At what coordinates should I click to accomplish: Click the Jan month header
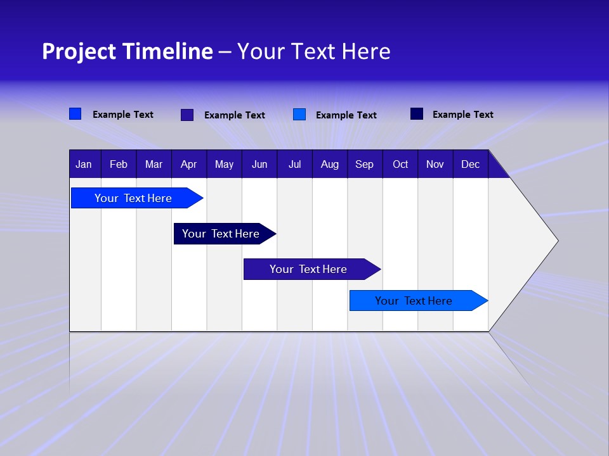click(x=84, y=165)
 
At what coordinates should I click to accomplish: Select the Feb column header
click(x=119, y=165)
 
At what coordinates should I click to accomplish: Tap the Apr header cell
click(x=188, y=165)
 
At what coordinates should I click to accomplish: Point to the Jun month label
click(x=259, y=165)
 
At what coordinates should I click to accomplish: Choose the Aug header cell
click(x=329, y=165)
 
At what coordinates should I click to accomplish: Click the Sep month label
click(x=364, y=165)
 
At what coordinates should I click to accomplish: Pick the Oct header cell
click(x=400, y=165)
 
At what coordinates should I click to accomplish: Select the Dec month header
click(x=470, y=165)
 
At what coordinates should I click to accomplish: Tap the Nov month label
click(x=435, y=165)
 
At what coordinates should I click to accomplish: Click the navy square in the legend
click(x=417, y=114)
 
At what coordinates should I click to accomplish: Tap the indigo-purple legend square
click(x=187, y=115)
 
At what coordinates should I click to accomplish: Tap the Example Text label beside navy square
click(x=462, y=115)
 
